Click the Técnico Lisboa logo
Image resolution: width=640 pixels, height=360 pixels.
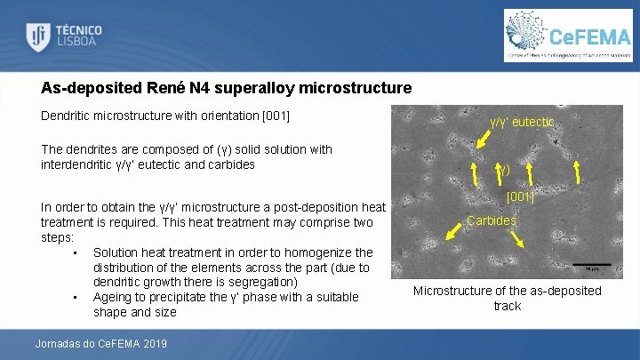pos(63,36)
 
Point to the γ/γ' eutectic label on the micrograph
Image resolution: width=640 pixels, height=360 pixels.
pos(522,122)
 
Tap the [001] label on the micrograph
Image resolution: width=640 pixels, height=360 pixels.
pos(520,197)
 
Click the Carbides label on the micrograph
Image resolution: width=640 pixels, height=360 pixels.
pos(491,220)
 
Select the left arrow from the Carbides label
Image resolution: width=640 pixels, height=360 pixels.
pos(455,231)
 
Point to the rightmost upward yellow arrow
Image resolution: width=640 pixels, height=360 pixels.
pos(577,172)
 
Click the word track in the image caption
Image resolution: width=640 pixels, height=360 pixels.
pos(507,306)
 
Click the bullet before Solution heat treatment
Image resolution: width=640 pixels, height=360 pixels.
pos(76,253)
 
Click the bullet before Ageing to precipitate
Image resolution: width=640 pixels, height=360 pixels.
pos(76,297)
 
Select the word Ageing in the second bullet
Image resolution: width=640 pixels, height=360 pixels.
pos(113,297)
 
